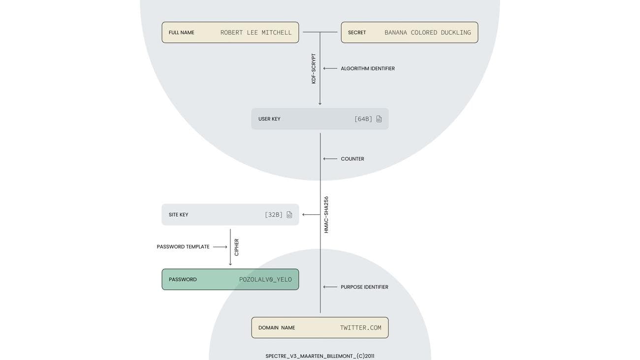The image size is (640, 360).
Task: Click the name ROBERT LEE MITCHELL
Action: pos(256,33)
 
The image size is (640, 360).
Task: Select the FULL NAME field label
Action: pos(181,33)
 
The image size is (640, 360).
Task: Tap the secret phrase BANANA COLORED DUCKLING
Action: pos(427,33)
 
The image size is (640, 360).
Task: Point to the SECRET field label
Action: pos(356,33)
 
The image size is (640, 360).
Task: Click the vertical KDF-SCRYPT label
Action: pos(314,68)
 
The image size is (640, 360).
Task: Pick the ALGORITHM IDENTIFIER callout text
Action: pos(367,68)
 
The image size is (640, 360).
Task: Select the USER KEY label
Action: pos(269,119)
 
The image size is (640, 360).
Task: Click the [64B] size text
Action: pos(363,119)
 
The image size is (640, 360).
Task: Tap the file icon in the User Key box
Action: pos(379,119)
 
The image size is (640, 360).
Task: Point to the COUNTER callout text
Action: pos(352,159)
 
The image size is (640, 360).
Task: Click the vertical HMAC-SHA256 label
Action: pos(326,215)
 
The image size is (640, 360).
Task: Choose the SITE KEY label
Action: pos(178,215)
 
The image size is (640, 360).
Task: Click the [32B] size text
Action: pos(274,215)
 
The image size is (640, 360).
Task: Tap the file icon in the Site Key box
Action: pos(289,215)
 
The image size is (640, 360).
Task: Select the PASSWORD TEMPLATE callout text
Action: pos(183,247)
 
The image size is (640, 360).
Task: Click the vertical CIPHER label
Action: pos(236,247)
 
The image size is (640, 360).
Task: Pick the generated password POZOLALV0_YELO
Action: pos(265,280)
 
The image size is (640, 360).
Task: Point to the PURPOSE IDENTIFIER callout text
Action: pos(364,287)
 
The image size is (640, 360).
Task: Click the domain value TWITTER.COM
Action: pos(360,328)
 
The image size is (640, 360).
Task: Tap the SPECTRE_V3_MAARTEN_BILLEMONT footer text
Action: pos(320,356)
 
